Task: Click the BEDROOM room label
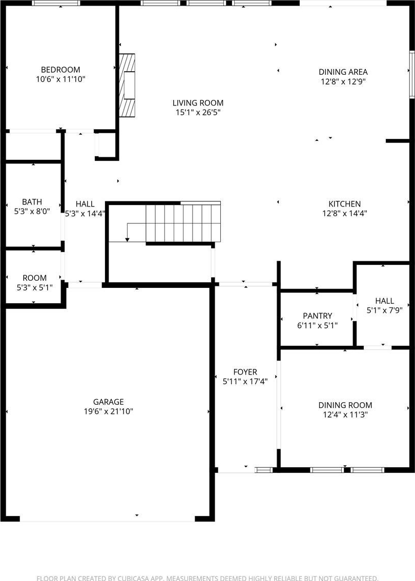(x=60, y=70)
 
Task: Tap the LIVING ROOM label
(x=198, y=103)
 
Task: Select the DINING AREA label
(x=343, y=72)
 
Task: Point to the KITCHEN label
(x=345, y=204)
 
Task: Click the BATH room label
(x=32, y=202)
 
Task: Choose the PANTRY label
(x=318, y=316)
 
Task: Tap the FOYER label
(x=245, y=372)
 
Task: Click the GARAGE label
(x=108, y=402)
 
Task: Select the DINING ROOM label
(x=345, y=405)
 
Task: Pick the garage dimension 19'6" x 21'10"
(x=108, y=411)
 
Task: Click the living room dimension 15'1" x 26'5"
(x=198, y=113)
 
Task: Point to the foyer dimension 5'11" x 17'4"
(x=245, y=381)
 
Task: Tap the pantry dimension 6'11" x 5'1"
(x=318, y=325)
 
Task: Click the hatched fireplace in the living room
(x=127, y=85)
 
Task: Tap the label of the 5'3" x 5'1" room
(x=35, y=278)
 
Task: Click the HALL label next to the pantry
(x=385, y=301)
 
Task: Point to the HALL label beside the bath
(x=85, y=204)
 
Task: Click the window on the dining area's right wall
(x=411, y=74)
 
